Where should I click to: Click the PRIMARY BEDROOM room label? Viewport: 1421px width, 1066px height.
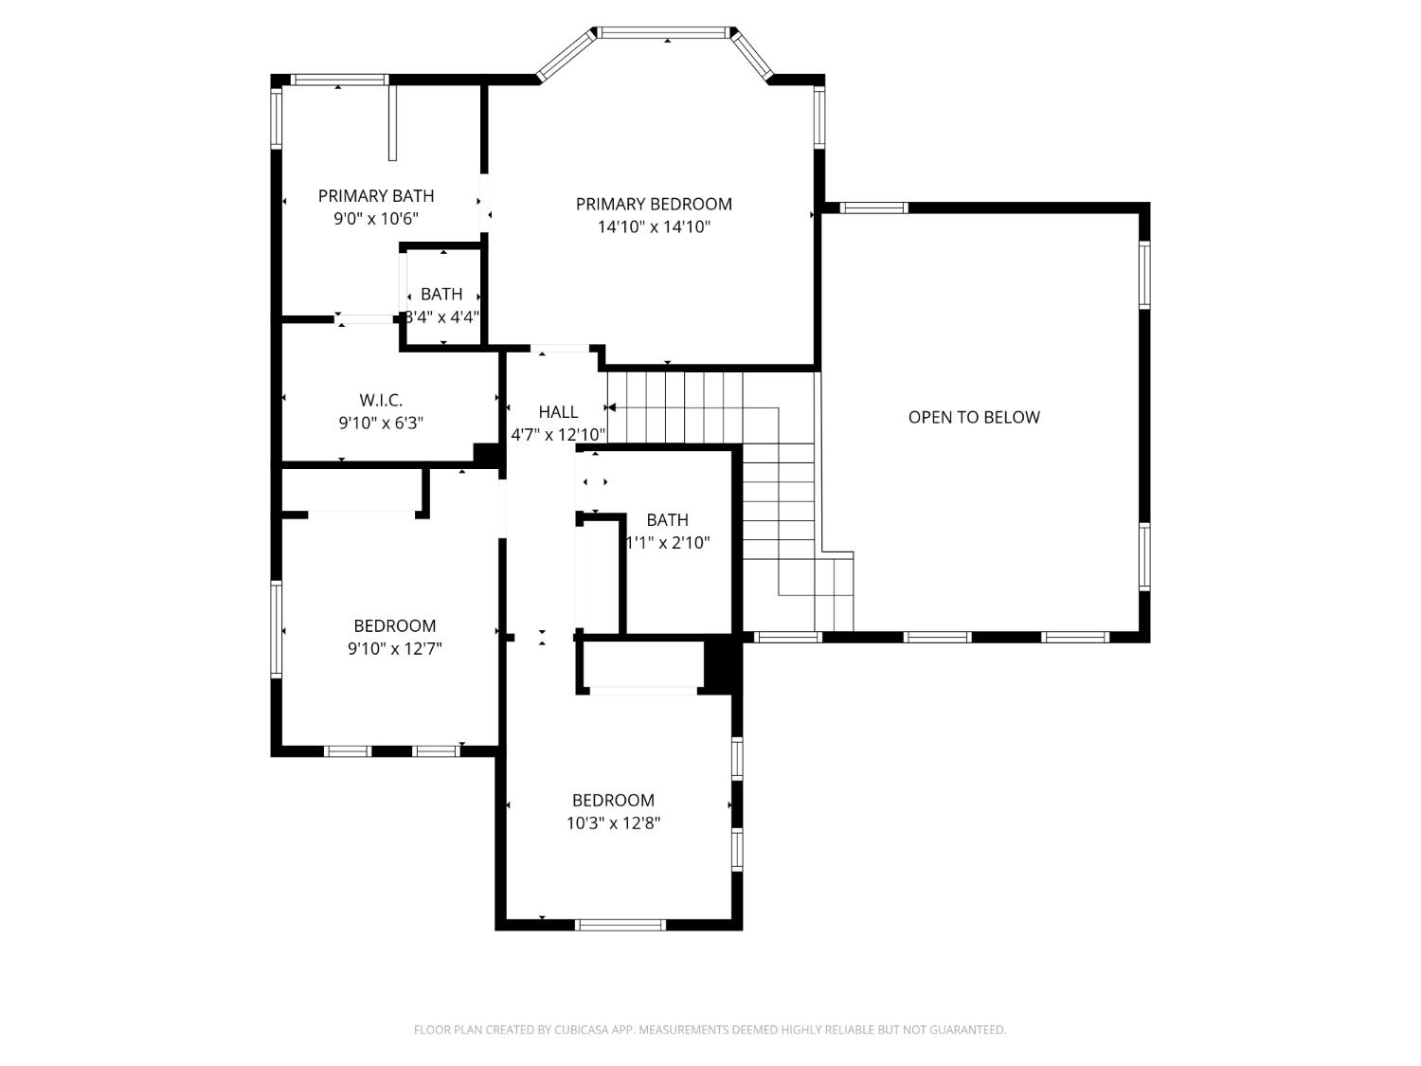[654, 204]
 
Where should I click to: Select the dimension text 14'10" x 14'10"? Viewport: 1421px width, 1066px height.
[654, 227]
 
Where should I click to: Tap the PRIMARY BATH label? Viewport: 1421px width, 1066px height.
[376, 196]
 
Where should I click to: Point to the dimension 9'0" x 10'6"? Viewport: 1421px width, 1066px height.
[376, 219]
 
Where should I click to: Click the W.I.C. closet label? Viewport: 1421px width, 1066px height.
[381, 401]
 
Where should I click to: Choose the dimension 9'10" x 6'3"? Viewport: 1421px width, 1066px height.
[381, 424]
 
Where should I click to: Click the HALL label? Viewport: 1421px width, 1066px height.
[558, 412]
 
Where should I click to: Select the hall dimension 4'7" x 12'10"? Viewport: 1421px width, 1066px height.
[558, 435]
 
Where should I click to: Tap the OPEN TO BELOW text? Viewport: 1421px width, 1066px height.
[974, 417]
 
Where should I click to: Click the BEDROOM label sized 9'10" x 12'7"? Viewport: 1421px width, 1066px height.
[395, 626]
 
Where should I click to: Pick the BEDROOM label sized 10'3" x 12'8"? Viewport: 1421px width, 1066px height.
[613, 801]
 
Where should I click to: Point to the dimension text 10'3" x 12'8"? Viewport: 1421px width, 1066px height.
[613, 823]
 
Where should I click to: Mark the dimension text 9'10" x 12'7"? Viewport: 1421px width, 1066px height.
[395, 649]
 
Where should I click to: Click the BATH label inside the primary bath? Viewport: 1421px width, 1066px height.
[441, 295]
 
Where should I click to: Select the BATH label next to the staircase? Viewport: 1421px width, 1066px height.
[667, 520]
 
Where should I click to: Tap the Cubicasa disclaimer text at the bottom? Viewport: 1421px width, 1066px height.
[710, 1030]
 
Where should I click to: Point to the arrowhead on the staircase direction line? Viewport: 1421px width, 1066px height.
[611, 408]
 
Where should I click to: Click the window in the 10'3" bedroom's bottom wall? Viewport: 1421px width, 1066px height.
[621, 925]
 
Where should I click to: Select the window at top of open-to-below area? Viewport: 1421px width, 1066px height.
[873, 208]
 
